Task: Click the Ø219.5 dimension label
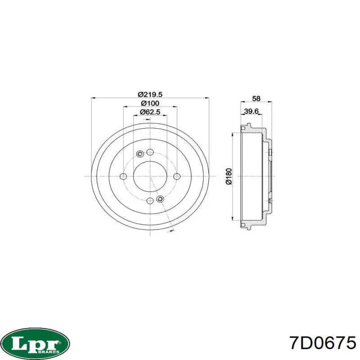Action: pyautogui.click(x=150, y=94)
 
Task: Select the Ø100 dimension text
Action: pyautogui.click(x=150, y=103)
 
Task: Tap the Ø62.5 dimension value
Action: pyautogui.click(x=150, y=112)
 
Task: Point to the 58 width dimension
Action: pyautogui.click(x=256, y=99)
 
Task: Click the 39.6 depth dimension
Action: pyautogui.click(x=251, y=111)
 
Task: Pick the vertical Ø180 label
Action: pyautogui.click(x=229, y=176)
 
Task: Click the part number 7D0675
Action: pyautogui.click(x=323, y=343)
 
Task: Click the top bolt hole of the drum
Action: pyautogui.click(x=150, y=152)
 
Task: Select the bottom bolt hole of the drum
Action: pyautogui.click(x=150, y=201)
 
